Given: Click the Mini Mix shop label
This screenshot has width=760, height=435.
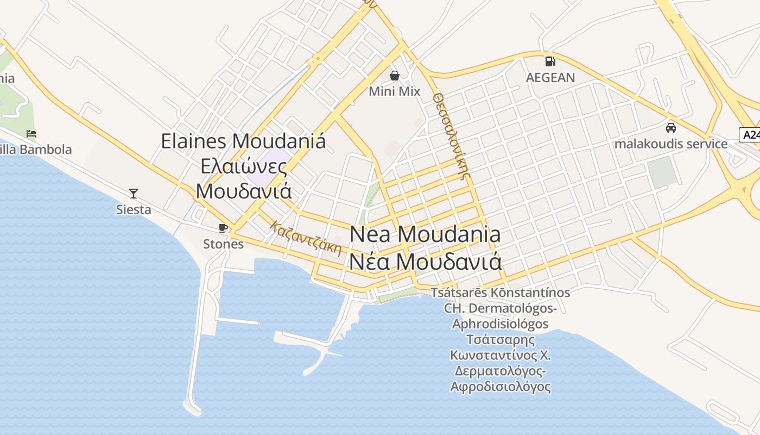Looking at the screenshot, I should (x=395, y=91).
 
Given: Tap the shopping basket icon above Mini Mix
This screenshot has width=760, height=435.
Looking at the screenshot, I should (x=395, y=76).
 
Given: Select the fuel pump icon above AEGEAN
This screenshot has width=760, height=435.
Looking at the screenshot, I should (x=550, y=61).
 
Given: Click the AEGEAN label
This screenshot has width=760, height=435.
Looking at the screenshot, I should (x=550, y=77).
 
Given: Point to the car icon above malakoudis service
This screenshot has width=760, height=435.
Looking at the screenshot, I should (x=671, y=128).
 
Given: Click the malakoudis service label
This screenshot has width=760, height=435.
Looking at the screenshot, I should (x=671, y=144).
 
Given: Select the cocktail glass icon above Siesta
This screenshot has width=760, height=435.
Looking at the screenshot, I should (x=134, y=193).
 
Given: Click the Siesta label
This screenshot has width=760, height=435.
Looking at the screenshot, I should (x=134, y=209).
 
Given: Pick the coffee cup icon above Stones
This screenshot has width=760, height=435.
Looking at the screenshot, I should (x=223, y=228).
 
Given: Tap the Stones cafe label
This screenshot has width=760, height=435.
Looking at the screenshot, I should (x=223, y=244).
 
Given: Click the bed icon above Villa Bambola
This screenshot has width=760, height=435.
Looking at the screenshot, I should (x=31, y=133).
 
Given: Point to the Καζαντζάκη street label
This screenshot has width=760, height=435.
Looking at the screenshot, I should (x=307, y=238).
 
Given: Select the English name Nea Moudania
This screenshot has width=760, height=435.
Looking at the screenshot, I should (x=425, y=234).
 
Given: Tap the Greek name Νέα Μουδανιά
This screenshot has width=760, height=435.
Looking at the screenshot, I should (x=425, y=262).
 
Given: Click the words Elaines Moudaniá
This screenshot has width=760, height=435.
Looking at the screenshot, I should (x=244, y=141).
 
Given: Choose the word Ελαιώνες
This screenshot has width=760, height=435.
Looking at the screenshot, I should (x=244, y=166).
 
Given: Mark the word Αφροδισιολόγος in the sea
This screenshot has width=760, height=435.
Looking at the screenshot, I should (x=501, y=387).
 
